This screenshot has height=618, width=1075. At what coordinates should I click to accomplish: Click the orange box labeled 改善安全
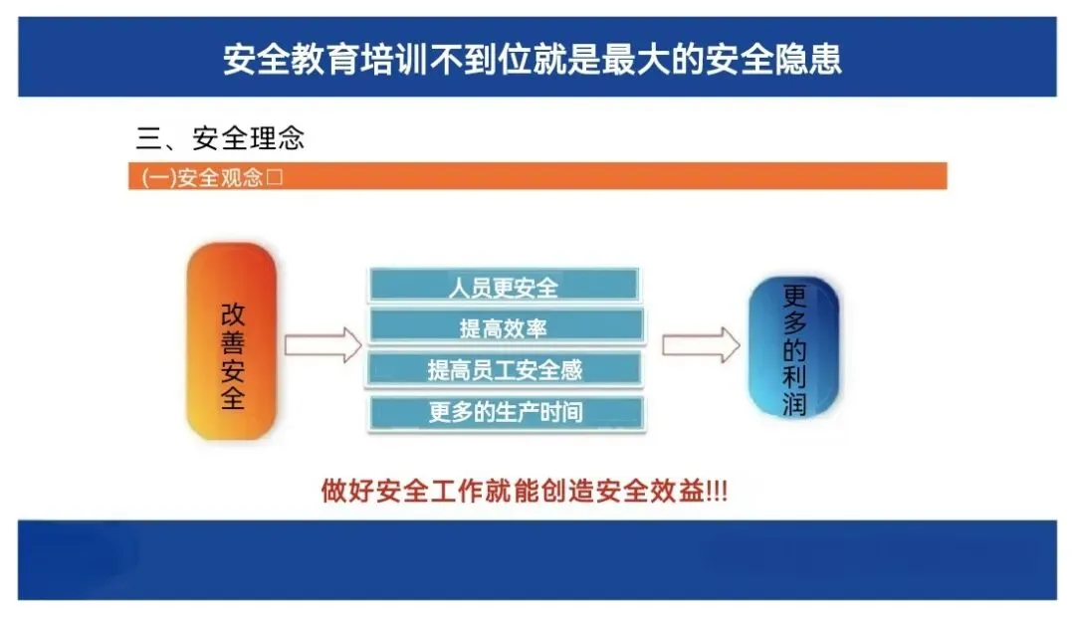point(232,340)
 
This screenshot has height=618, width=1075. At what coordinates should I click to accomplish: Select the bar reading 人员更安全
point(504,285)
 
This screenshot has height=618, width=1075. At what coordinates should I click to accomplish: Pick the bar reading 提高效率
point(507,326)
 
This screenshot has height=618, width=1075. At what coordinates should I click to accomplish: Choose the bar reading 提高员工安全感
point(506,369)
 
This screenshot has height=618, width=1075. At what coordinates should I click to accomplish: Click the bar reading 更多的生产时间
point(507,412)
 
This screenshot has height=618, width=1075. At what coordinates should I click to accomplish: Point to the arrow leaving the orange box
point(322,344)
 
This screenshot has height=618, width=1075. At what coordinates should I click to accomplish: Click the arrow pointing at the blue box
point(701,344)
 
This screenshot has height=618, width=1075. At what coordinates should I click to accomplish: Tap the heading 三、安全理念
point(219,138)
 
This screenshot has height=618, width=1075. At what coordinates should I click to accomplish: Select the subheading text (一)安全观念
point(202,177)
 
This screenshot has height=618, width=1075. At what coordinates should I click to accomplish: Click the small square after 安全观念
point(275,177)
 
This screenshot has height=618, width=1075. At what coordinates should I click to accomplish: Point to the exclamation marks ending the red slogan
point(717,492)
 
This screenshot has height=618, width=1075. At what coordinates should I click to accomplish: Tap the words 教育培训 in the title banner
point(360,59)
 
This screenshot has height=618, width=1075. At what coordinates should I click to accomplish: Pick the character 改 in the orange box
point(232,315)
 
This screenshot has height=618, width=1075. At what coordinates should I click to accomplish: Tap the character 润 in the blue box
point(794,404)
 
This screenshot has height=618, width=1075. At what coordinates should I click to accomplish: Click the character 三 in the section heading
point(148,138)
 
